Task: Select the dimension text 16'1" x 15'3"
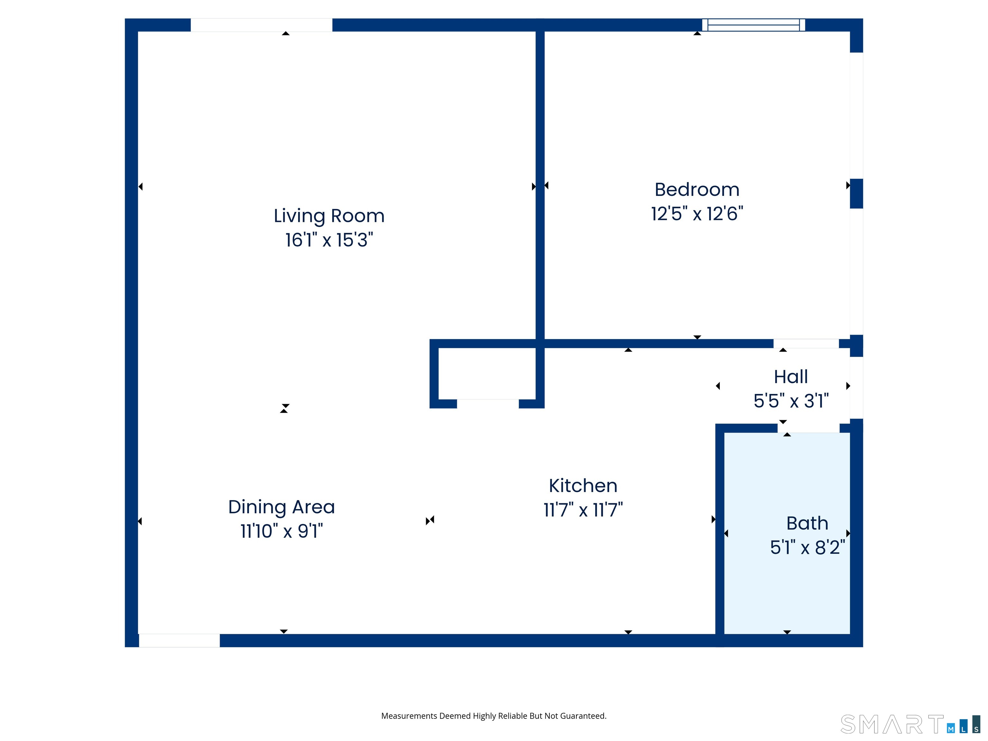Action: click(x=329, y=240)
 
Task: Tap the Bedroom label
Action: click(x=697, y=190)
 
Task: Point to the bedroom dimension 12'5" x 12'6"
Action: click(x=697, y=214)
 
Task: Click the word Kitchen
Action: click(x=583, y=486)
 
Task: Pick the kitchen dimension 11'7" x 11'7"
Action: click(x=583, y=510)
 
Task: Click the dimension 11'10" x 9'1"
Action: click(x=281, y=531)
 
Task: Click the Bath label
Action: click(x=807, y=523)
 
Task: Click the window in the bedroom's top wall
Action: click(x=754, y=25)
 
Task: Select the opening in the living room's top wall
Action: click(x=261, y=25)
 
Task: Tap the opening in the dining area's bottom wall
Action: click(x=179, y=641)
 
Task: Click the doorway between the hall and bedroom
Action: click(x=806, y=343)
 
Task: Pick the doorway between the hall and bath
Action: click(x=809, y=428)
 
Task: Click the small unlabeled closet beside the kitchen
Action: click(x=487, y=374)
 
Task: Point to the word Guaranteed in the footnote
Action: click(x=583, y=716)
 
